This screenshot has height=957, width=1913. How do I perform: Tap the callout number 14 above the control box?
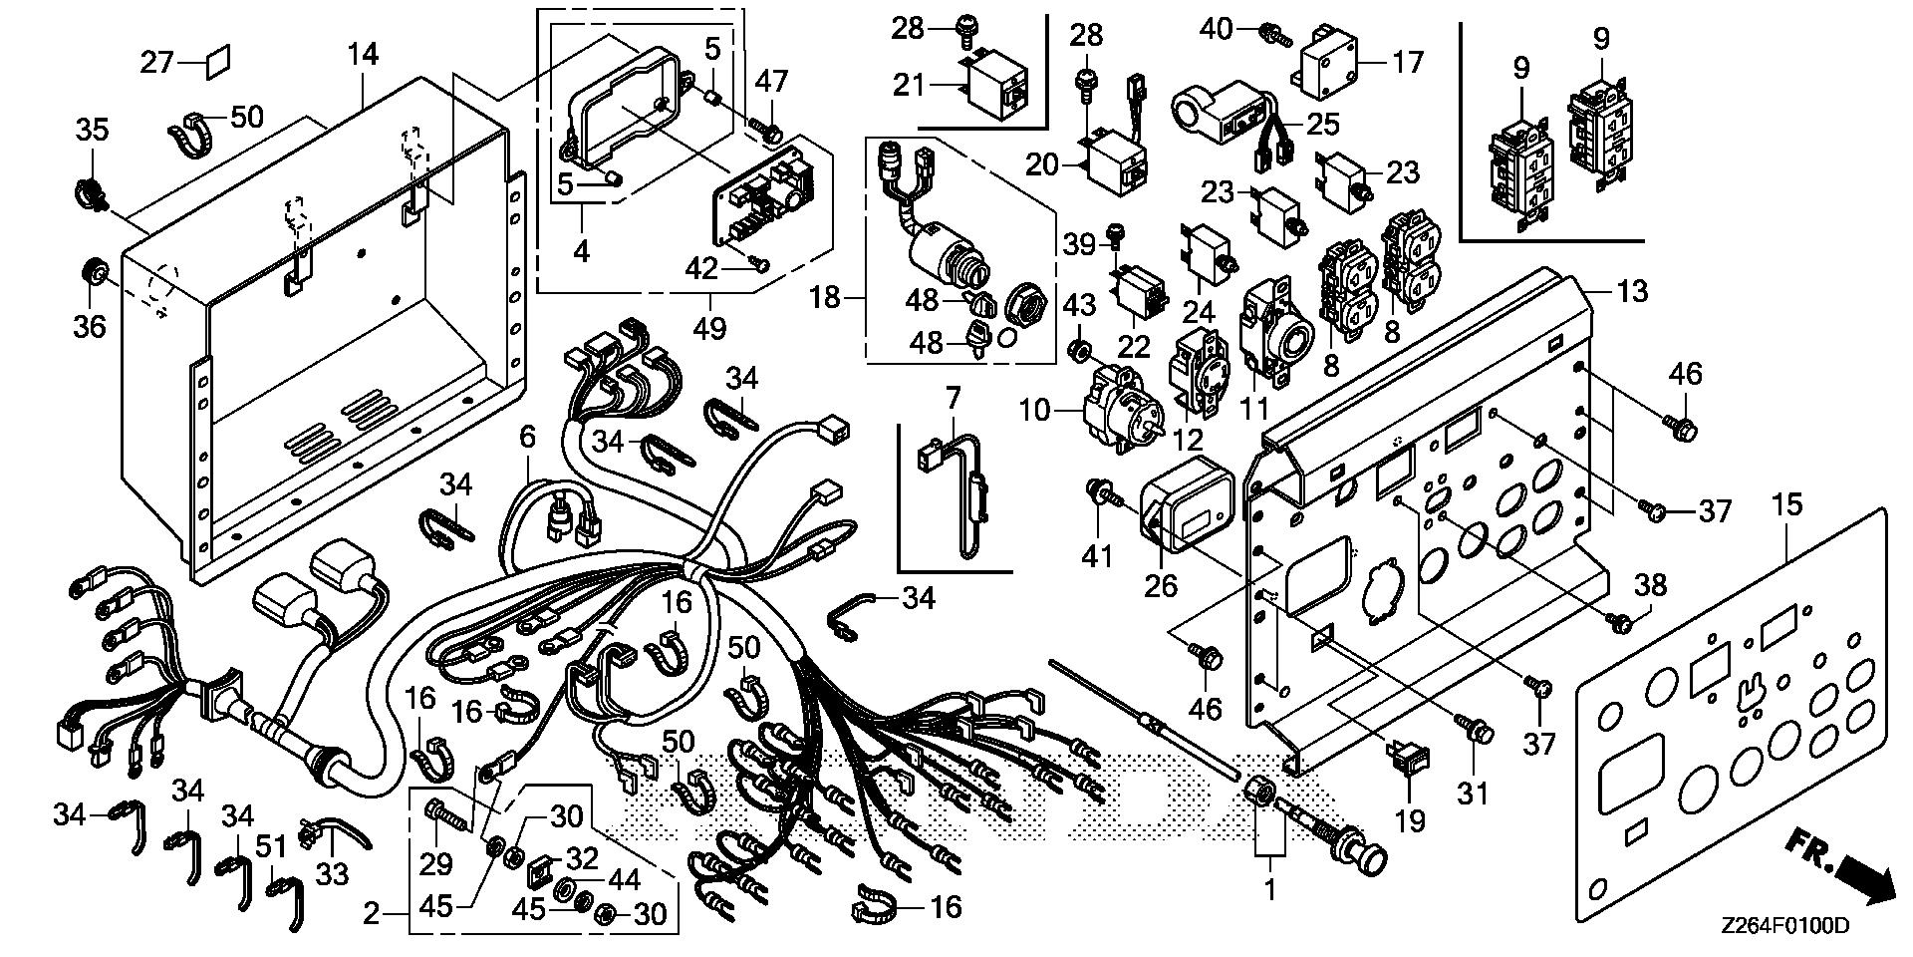[363, 54]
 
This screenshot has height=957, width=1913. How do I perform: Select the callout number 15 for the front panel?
[1787, 504]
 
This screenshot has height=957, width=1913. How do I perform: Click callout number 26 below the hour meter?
[1160, 584]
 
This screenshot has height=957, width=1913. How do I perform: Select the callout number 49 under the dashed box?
[709, 327]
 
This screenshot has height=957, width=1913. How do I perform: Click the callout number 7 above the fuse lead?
[953, 400]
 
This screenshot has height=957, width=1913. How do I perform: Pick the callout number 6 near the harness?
[527, 436]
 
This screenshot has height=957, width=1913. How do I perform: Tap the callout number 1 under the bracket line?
[1269, 884]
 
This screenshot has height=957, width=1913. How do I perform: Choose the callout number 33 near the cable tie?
[332, 874]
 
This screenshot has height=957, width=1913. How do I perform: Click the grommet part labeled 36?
[94, 271]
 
